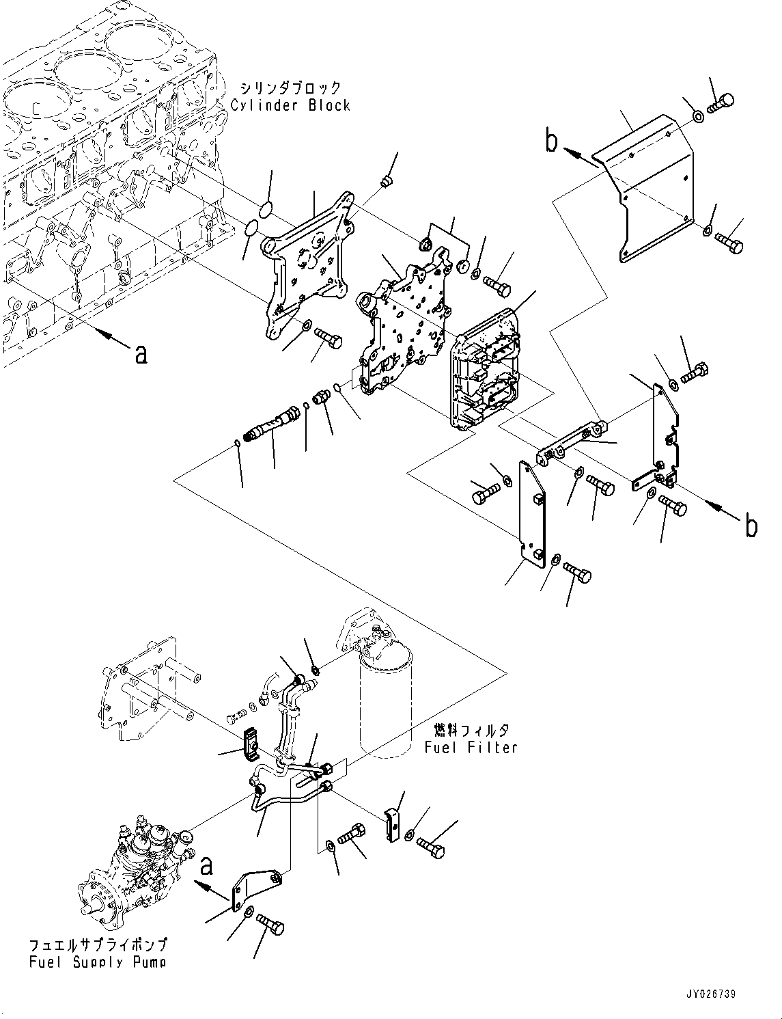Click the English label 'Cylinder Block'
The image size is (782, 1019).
click(x=290, y=105)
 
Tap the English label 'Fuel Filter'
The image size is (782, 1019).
click(x=471, y=747)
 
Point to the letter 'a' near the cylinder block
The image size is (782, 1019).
click(x=140, y=353)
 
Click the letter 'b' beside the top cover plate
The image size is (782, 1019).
click(x=551, y=141)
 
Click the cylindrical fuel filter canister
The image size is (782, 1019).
click(x=386, y=704)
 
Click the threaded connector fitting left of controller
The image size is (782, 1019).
click(x=275, y=419)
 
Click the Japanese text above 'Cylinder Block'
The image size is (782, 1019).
click(x=290, y=88)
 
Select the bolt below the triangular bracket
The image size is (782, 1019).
click(x=270, y=926)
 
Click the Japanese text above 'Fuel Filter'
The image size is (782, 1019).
click(x=471, y=731)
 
